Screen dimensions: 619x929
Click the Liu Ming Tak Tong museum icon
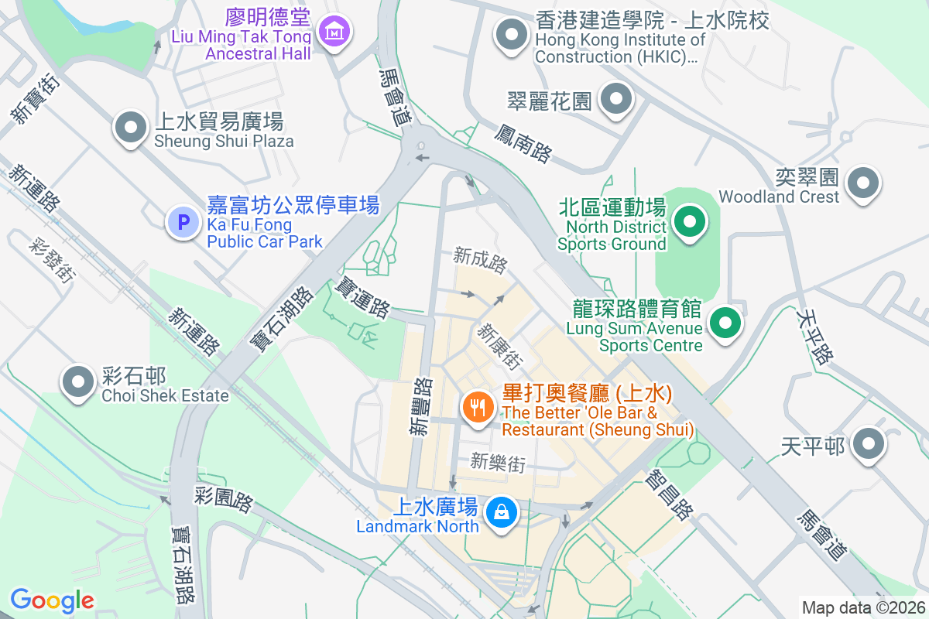pyautogui.click(x=334, y=32)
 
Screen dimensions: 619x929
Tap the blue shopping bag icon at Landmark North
pyautogui.click(x=502, y=512)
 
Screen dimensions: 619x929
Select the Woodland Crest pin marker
pyautogui.click(x=863, y=184)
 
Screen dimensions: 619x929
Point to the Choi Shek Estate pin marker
pyautogui.click(x=77, y=381)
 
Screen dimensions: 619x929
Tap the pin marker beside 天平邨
pyautogui.click(x=868, y=445)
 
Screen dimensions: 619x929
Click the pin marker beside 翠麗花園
pyautogui.click(x=616, y=99)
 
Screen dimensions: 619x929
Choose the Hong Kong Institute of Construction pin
pyautogui.click(x=511, y=35)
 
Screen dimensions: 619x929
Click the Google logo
pyautogui.click(x=52, y=600)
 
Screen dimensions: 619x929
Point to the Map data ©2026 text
pyautogui.click(x=862, y=607)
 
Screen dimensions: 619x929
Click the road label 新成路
pyautogui.click(x=481, y=260)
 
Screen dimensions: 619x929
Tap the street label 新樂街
pyautogui.click(x=498, y=463)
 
